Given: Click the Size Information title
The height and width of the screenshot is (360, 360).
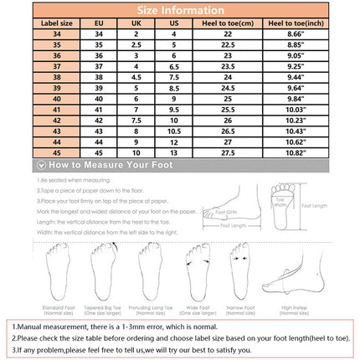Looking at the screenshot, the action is [x=180, y=10].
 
